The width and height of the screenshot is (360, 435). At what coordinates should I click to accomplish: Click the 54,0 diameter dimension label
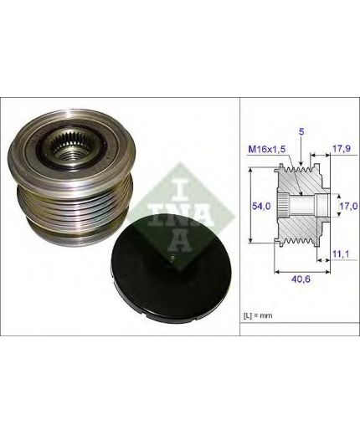click(x=261, y=206)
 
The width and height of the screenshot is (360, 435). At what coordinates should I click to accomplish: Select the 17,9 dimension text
click(x=340, y=149)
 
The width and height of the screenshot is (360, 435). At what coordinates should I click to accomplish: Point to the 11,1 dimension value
click(x=341, y=253)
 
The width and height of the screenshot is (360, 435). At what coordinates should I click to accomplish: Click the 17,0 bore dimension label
click(x=348, y=206)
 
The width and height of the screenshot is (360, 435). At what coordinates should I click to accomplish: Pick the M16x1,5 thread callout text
click(x=267, y=150)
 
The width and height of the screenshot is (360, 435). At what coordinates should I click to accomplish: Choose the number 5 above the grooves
click(x=301, y=132)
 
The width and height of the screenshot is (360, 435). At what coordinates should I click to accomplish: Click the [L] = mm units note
click(x=258, y=315)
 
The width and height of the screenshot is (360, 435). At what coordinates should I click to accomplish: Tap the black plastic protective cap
click(x=169, y=269)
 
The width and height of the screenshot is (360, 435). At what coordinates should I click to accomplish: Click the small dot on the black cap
click(x=173, y=258)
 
